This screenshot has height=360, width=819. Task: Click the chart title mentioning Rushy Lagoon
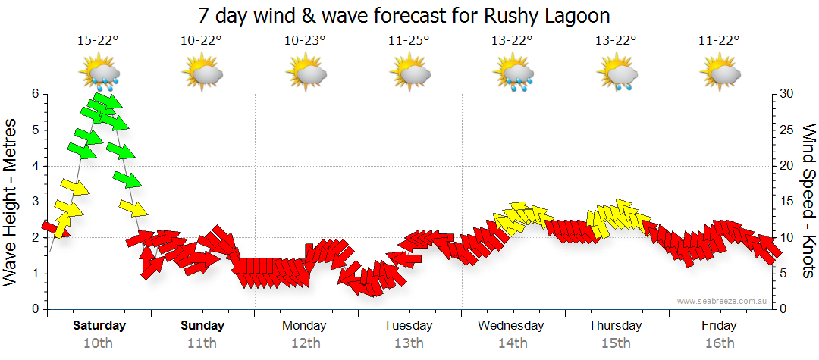pyautogui.click(x=404, y=15)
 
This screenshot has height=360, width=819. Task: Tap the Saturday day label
pyautogui.click(x=99, y=326)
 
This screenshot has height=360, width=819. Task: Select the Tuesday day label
pyautogui.click(x=408, y=326)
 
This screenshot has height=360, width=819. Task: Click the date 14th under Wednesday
pyautogui.click(x=513, y=343)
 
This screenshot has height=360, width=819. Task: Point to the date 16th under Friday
pyautogui.click(x=719, y=343)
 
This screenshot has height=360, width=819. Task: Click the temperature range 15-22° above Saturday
pyautogui.click(x=99, y=41)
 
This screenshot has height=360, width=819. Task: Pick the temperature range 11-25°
pyautogui.click(x=409, y=41)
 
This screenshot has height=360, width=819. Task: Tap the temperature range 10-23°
pyautogui.click(x=305, y=41)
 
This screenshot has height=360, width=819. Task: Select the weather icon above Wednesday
pyautogui.click(x=513, y=74)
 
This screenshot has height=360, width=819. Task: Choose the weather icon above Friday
pyautogui.click(x=720, y=74)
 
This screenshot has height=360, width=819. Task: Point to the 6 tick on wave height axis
pyautogui.click(x=35, y=94)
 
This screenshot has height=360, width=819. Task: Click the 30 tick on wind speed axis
pyautogui.click(x=787, y=94)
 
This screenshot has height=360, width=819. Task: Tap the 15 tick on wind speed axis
pyautogui.click(x=787, y=202)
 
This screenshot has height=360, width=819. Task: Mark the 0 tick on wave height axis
pyautogui.click(x=35, y=309)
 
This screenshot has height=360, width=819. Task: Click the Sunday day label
pyautogui.click(x=202, y=326)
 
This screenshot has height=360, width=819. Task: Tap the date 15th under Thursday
pyautogui.click(x=616, y=343)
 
